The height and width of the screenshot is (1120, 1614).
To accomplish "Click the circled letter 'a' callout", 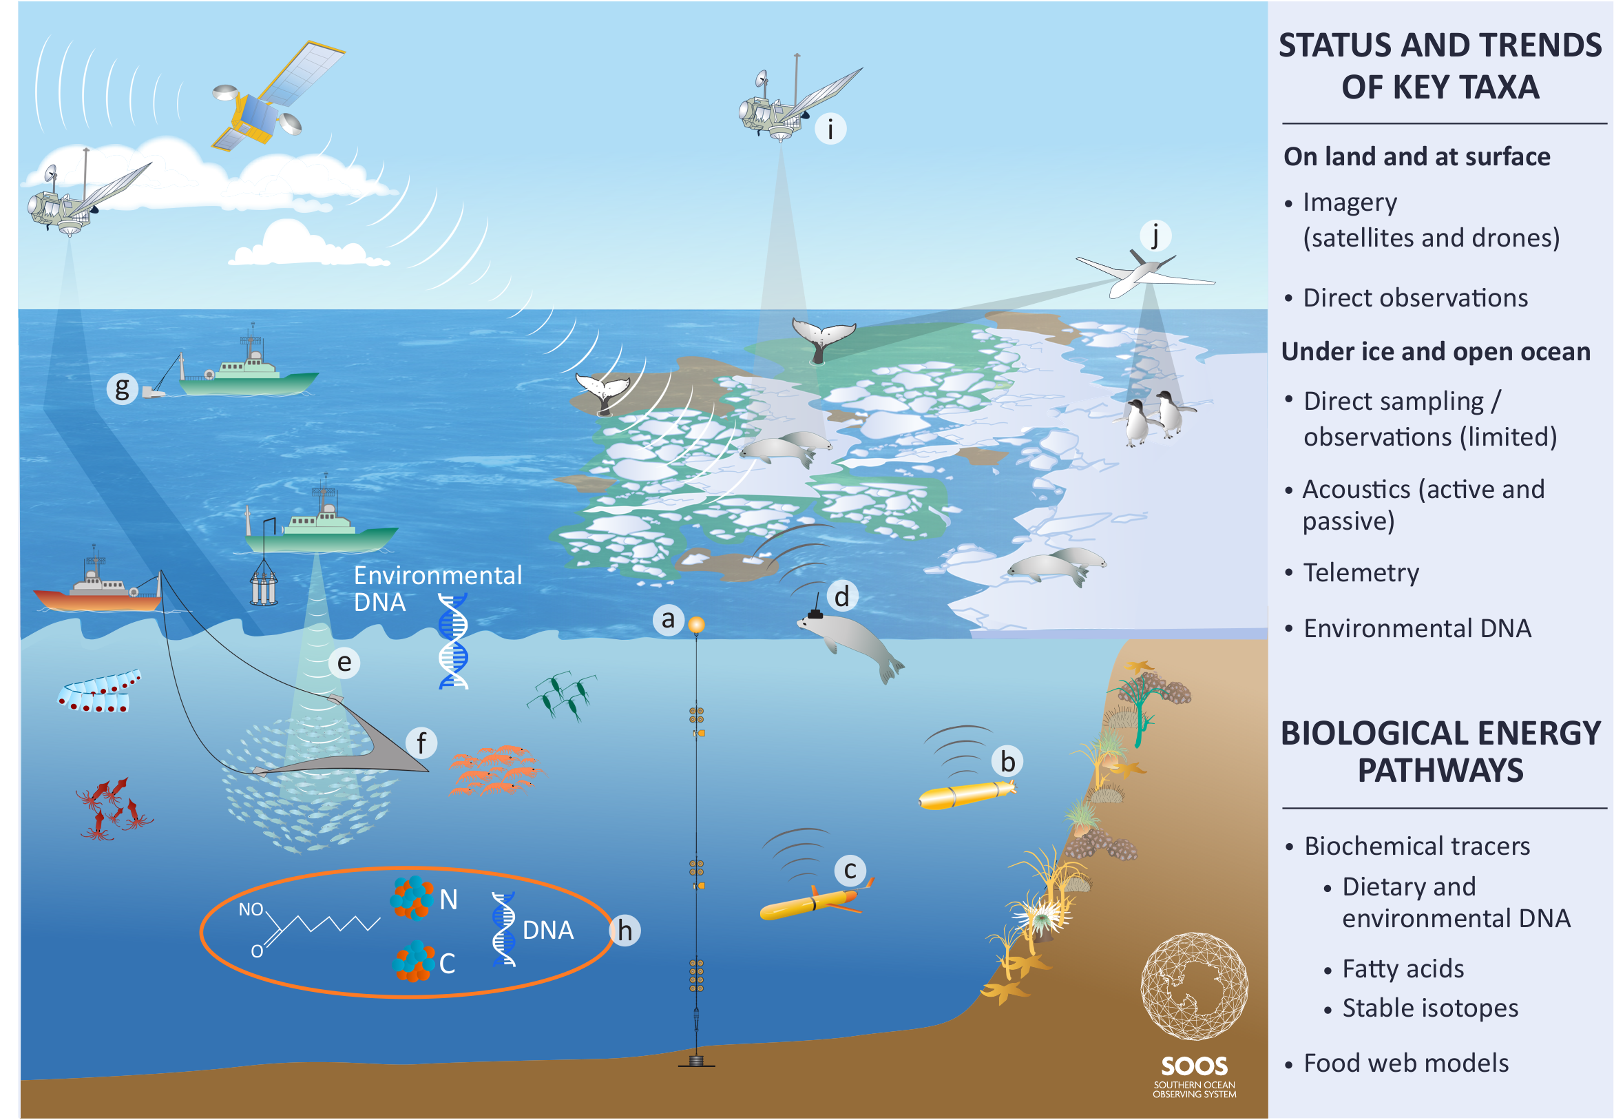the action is tap(668, 620).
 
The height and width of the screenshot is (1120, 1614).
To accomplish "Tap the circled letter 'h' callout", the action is tap(625, 931).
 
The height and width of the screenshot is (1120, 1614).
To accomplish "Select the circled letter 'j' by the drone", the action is tap(1155, 236).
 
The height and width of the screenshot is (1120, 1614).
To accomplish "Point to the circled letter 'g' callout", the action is tap(122, 388).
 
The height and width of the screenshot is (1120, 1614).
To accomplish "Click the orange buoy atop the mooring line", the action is tap(696, 624).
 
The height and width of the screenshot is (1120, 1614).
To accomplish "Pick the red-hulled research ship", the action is tap(98, 583).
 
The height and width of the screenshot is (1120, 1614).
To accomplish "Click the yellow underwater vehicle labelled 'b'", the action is tap(967, 794).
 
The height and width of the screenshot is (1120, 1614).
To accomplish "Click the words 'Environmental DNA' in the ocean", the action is tap(438, 589).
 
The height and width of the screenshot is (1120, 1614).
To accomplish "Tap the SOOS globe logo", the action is tap(1194, 986).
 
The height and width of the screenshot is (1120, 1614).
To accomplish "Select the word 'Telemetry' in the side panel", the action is tap(1361, 572).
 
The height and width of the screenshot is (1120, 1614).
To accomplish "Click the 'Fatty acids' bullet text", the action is tap(1403, 968).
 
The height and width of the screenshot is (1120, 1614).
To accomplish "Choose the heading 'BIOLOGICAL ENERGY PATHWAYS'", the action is tap(1440, 751).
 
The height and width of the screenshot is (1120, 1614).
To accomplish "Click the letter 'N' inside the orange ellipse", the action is tap(448, 900).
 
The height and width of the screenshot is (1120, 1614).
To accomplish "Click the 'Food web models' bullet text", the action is tap(1405, 1063).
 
